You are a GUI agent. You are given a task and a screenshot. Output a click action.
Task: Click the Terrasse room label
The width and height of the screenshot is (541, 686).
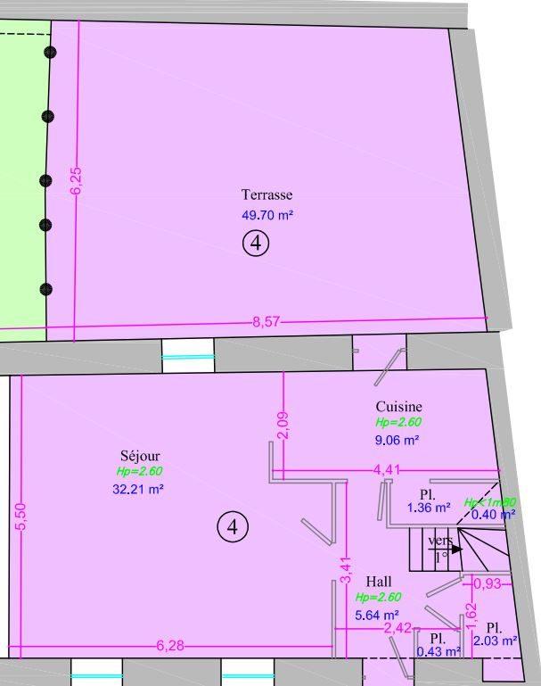tap(266, 194)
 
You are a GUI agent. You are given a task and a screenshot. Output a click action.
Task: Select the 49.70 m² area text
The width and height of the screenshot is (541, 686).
tap(267, 215)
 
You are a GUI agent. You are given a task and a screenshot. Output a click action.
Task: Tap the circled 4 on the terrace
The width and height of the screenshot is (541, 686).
tap(256, 243)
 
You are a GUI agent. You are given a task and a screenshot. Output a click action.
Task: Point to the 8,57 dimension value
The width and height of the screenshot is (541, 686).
tap(266, 322)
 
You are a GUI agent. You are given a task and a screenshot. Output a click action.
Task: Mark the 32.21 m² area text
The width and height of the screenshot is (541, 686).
tap(139, 489)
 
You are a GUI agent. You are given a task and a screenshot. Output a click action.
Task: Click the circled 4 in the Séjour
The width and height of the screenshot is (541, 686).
tap(232, 527)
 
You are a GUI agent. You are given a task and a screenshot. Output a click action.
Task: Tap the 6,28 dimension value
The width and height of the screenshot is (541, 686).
tap(170, 646)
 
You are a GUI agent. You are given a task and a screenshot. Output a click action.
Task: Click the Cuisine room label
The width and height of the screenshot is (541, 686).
tap(398, 407)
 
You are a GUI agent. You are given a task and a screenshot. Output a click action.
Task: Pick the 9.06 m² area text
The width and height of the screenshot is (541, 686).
tap(398, 440)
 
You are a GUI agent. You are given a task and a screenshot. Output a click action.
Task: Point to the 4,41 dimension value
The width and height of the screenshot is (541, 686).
tap(387, 469)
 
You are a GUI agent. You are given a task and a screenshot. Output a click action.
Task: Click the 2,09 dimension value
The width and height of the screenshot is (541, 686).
tap(283, 425)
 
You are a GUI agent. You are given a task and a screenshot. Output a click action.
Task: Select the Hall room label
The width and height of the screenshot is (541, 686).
tap(379, 583)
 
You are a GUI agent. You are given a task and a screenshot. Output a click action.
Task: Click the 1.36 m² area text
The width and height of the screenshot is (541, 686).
tap(429, 508)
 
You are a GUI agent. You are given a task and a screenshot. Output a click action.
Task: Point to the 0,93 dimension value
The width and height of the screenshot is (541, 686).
tap(486, 583)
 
